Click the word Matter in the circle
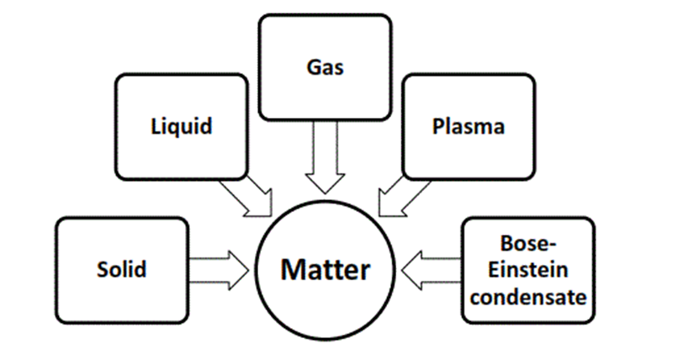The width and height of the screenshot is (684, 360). [325, 270]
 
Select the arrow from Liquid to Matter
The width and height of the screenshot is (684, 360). [251, 197]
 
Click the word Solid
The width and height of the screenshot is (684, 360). [122, 269]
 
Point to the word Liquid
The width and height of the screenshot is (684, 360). [182, 127]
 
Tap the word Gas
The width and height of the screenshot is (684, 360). [324, 67]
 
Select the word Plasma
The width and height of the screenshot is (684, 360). [468, 127]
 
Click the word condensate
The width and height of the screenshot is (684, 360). [528, 296]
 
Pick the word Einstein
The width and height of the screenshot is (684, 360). [528, 270]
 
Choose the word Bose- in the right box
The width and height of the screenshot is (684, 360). [528, 244]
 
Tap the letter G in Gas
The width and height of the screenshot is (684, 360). [311, 67]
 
